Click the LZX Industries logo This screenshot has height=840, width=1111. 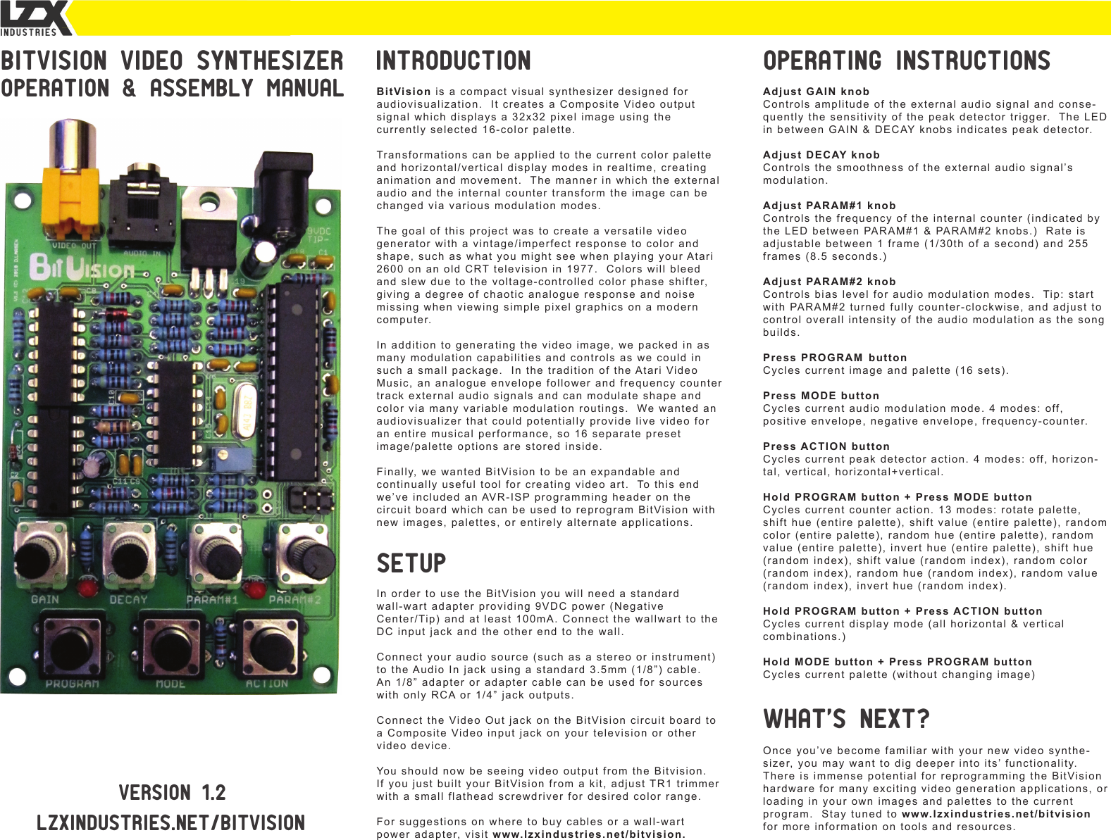click(35, 18)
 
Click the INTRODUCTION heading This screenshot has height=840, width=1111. click(453, 61)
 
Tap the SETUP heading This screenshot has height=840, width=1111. click(411, 564)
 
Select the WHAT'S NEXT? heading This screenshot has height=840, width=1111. click(845, 720)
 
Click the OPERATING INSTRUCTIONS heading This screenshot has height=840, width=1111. click(906, 61)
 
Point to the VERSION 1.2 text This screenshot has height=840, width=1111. click(172, 793)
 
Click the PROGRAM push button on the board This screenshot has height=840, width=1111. click(70, 644)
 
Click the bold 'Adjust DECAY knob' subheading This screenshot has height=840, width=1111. click(821, 155)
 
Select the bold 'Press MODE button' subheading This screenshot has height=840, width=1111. click(821, 396)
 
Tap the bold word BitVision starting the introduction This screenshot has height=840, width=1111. click(403, 92)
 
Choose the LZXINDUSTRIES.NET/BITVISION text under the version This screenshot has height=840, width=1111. click(171, 823)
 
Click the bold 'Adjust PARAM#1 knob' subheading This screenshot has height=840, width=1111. click(829, 206)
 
